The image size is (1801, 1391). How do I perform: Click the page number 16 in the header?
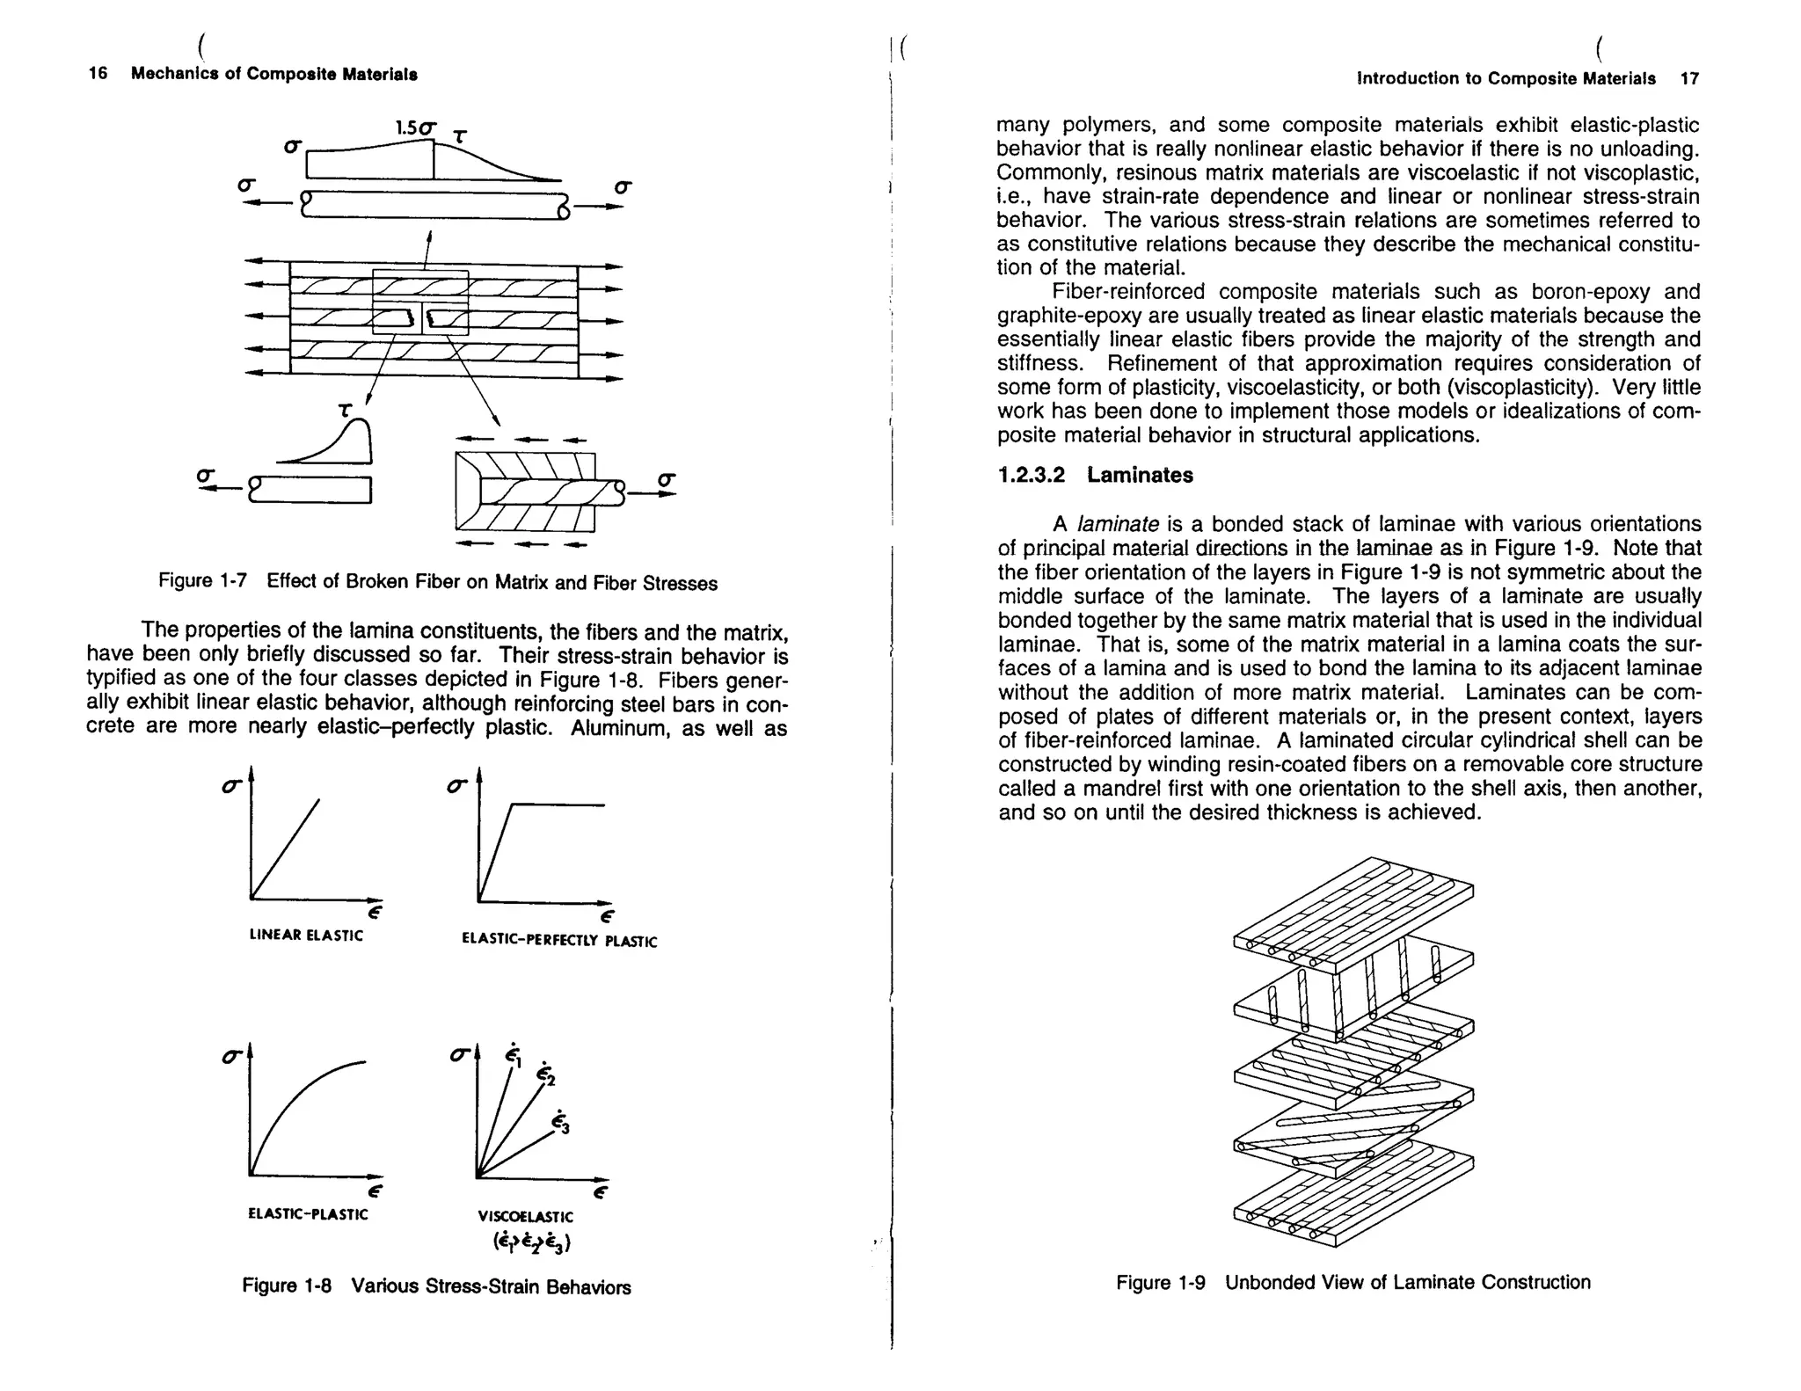tap(98, 74)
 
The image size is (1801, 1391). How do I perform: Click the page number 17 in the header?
tap(1689, 78)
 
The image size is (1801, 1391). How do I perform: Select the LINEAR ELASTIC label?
tap(306, 936)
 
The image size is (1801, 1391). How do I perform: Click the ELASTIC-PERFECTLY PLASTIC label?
tap(559, 940)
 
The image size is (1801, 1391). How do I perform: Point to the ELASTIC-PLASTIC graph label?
tap(308, 1214)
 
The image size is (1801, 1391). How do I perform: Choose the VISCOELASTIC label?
tap(525, 1217)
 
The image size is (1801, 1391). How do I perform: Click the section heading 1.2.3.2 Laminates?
tap(1096, 475)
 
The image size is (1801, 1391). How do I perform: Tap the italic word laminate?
tap(1119, 525)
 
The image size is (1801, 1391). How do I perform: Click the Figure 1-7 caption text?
tap(438, 582)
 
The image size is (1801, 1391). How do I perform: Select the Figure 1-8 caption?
tap(436, 1286)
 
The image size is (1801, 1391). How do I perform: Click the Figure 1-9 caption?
tap(1353, 1282)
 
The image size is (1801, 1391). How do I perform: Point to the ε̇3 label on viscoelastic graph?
tap(560, 1123)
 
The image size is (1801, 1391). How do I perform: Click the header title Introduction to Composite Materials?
tap(1506, 78)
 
